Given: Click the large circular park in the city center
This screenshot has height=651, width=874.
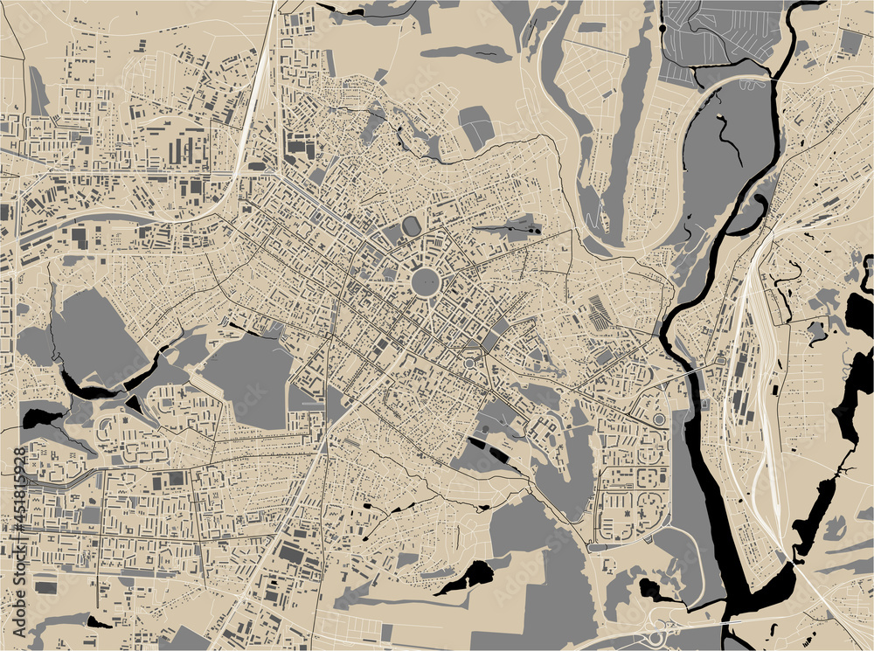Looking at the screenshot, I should [425, 281].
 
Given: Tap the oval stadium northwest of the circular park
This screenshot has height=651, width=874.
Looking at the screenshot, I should [411, 226].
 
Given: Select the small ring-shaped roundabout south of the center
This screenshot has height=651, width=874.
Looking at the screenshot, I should [470, 363].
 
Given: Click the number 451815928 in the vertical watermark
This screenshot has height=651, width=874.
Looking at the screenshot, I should [20, 493].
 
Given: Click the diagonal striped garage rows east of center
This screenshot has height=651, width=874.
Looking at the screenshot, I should [600, 312].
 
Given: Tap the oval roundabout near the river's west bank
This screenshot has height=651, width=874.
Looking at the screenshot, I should [658, 419].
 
